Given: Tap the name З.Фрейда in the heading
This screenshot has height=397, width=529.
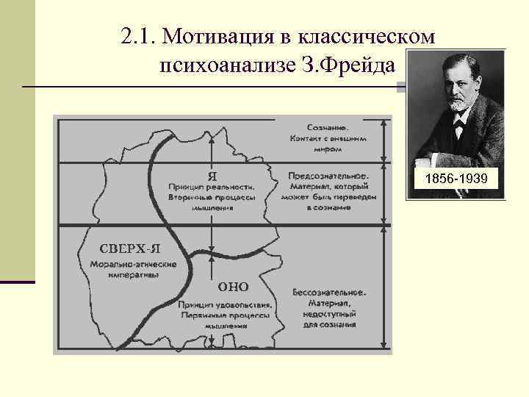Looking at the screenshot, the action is click(353, 67).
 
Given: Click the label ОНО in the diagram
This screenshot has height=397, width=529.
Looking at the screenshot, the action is click(234, 286).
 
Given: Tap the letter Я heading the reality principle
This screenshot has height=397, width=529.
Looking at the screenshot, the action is click(212, 176).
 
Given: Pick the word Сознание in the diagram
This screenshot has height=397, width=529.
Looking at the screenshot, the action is click(328, 126).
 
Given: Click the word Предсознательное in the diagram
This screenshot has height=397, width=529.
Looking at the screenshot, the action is click(328, 176).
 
